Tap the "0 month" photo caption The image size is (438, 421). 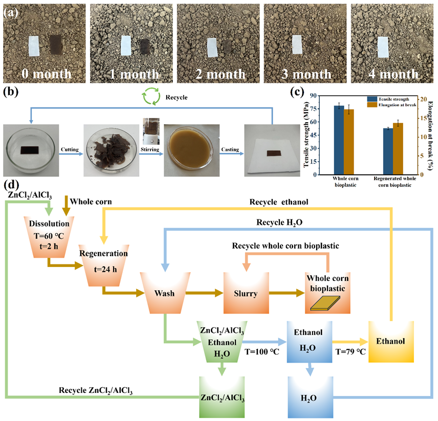point(46,74)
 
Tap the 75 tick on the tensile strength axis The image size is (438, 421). point(313,108)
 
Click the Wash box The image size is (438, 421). point(165,294)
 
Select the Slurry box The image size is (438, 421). point(246,293)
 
